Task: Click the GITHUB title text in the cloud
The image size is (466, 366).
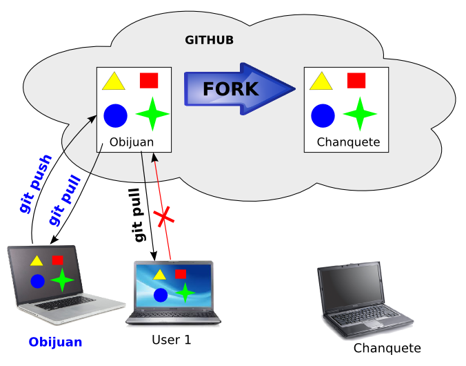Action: click(210, 40)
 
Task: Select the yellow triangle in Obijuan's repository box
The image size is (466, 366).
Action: click(113, 82)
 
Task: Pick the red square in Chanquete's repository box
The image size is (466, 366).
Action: click(356, 80)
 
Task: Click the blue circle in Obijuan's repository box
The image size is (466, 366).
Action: click(115, 115)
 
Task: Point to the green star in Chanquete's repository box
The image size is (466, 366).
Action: click(359, 114)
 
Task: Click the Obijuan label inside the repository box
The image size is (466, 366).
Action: click(132, 143)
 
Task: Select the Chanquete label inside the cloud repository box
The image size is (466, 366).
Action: click(348, 143)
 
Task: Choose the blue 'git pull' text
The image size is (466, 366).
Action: click(64, 200)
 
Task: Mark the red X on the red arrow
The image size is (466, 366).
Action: click(165, 218)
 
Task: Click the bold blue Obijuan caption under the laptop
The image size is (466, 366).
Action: click(55, 342)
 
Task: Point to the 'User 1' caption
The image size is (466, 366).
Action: click(172, 339)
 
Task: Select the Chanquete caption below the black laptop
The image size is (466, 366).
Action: click(387, 348)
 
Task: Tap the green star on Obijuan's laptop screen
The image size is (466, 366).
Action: click(63, 280)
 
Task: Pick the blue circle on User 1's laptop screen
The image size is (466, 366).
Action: click(161, 295)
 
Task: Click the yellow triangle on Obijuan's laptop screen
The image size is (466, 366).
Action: click(37, 261)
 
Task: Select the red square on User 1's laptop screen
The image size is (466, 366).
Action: click(181, 273)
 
